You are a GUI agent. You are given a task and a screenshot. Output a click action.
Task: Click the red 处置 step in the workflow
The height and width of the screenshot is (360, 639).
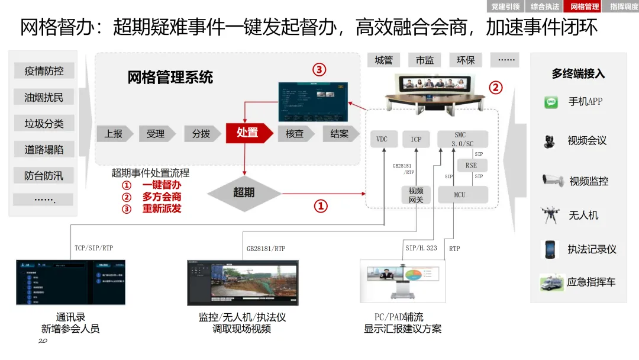click(247, 133)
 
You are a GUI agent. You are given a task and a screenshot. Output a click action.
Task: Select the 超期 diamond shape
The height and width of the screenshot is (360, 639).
click(244, 192)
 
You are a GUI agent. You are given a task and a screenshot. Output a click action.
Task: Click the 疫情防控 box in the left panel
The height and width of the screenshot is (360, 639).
click(44, 71)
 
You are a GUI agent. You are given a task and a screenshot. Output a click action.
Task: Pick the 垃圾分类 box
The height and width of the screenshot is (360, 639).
click(44, 124)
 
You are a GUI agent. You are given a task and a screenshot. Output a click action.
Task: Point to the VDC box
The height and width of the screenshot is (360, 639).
click(382, 139)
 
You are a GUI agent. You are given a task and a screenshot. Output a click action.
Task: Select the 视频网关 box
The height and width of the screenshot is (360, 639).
click(416, 195)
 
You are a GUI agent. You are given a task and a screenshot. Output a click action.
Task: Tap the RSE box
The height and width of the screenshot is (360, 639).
click(471, 166)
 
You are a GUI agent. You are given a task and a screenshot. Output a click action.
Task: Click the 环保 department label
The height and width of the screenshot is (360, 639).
click(466, 60)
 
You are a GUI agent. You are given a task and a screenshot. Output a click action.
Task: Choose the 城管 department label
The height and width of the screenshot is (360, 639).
click(383, 60)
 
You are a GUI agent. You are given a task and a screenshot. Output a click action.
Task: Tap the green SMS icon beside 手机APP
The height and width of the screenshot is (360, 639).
click(551, 102)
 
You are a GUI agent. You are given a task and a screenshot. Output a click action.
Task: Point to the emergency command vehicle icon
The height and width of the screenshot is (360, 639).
click(551, 282)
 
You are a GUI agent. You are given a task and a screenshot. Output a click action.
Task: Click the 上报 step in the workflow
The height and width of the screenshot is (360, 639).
click(113, 134)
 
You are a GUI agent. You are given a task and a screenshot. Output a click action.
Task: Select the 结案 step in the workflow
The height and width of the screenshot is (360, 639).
click(339, 134)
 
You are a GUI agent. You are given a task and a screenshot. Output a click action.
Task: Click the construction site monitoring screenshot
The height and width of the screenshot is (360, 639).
click(243, 282)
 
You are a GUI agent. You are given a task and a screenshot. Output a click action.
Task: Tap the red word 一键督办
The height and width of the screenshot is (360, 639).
click(162, 185)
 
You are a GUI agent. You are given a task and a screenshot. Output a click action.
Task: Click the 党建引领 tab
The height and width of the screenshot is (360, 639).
click(506, 7)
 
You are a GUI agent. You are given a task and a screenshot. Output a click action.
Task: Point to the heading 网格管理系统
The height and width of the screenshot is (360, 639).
click(170, 78)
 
